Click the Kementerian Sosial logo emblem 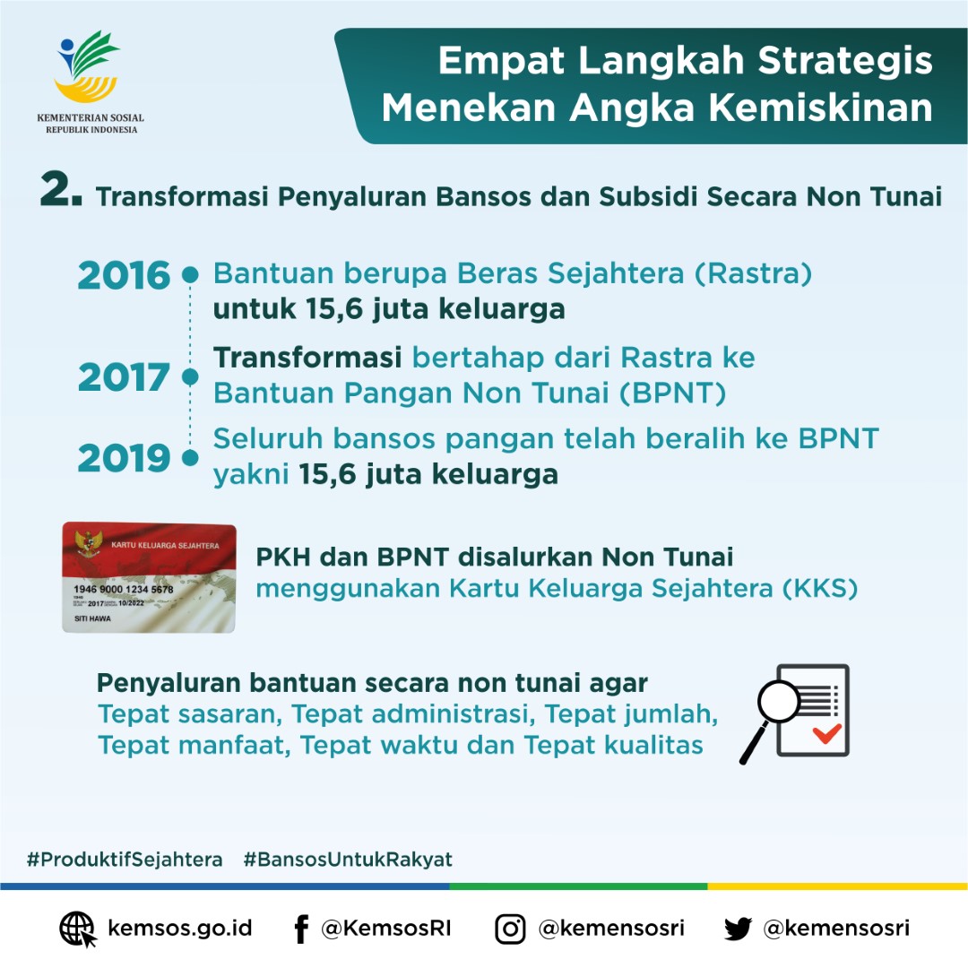click(x=87, y=69)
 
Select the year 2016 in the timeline click(x=124, y=276)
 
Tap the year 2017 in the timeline click(x=124, y=377)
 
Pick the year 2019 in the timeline click(x=124, y=458)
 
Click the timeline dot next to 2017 click(x=190, y=377)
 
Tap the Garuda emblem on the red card click(x=87, y=544)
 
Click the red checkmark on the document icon click(x=826, y=733)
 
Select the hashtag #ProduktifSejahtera click(x=125, y=860)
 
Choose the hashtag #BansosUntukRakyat click(x=348, y=860)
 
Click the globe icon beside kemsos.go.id click(x=77, y=929)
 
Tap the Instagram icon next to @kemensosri click(x=510, y=929)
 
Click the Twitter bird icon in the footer click(x=738, y=929)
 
